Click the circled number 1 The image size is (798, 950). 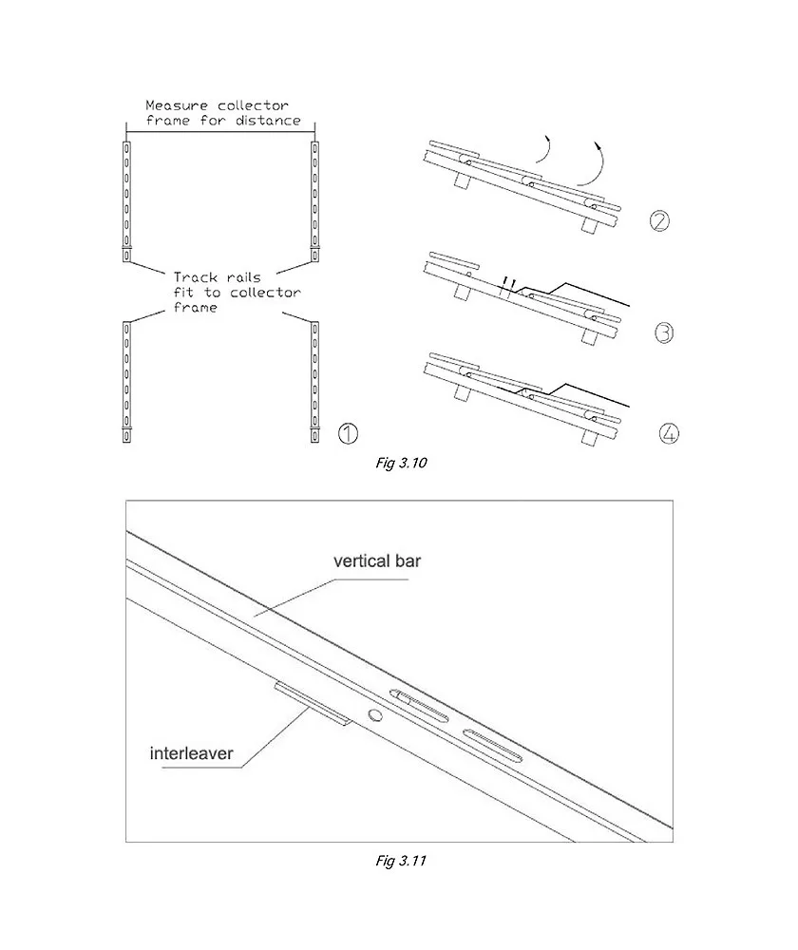pos(348,434)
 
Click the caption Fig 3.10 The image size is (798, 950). pos(401,464)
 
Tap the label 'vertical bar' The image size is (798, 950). pos(376,560)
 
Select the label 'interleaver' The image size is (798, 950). pos(191,756)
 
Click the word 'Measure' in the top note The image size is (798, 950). pos(174,105)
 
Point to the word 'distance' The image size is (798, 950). pos(269,121)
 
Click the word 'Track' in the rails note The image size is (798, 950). pos(195,277)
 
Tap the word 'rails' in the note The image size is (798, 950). pos(250,277)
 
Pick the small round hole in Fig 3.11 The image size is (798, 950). pos(375,713)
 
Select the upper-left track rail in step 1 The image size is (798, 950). pos(127,199)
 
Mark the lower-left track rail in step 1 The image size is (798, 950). pos(127,380)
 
